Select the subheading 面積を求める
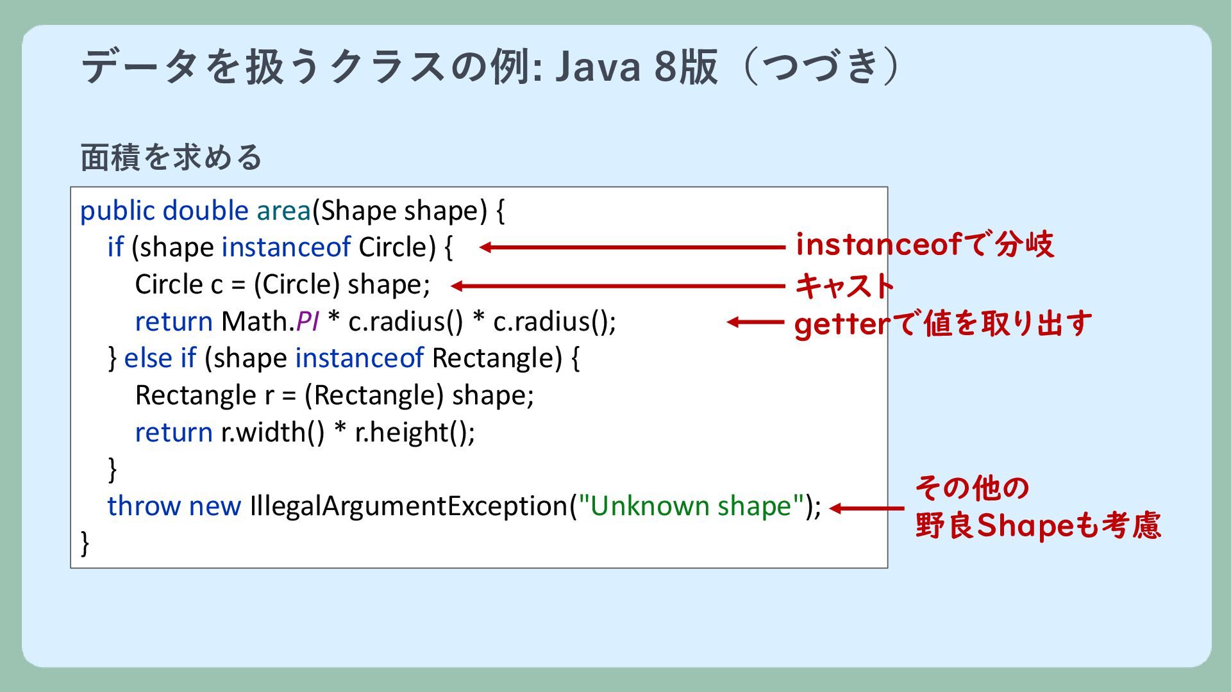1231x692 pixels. click(x=171, y=157)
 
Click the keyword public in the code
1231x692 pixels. click(x=117, y=211)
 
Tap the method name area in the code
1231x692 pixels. click(x=283, y=211)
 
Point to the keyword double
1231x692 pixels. click(x=205, y=211)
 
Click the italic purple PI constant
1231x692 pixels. click(x=307, y=322)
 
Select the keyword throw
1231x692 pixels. click(x=144, y=506)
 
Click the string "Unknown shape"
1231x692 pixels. click(x=691, y=506)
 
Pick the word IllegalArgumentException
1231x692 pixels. click(x=409, y=506)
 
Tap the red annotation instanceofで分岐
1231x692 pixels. click(x=925, y=245)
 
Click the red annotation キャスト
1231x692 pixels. click(x=844, y=286)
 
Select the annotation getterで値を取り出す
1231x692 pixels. click(x=942, y=324)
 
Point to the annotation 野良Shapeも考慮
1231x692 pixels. click(x=1037, y=525)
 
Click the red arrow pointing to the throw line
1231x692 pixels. click(x=866, y=509)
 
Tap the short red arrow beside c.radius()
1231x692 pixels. click(x=755, y=322)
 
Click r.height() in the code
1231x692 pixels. click(x=415, y=432)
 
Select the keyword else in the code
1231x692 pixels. click(x=147, y=358)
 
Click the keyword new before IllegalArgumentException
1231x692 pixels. click(x=215, y=506)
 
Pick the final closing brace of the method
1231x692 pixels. click(x=85, y=543)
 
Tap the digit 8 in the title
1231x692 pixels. click(x=665, y=67)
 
